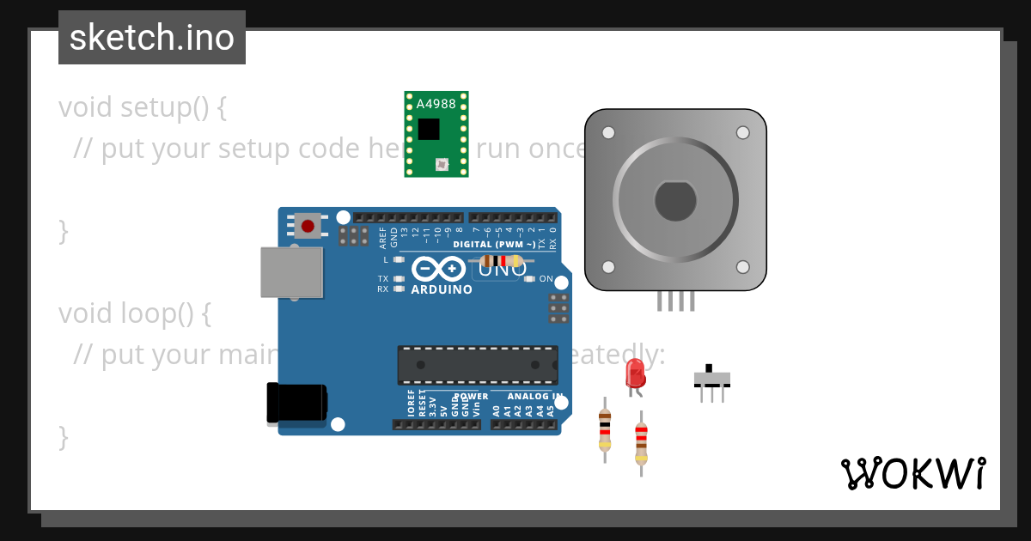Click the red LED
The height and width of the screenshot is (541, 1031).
coord(635,373)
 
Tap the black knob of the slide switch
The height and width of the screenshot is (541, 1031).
coord(709,368)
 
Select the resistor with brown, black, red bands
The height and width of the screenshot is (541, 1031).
coord(605,429)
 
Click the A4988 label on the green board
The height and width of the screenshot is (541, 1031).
coord(436,104)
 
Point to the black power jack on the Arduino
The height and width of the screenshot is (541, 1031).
coord(296,404)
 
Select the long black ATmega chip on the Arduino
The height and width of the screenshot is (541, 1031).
coord(477,365)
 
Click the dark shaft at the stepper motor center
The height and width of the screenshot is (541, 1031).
coord(675,201)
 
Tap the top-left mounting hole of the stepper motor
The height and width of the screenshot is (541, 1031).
coord(608,133)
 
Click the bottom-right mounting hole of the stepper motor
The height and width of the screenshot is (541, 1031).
coord(743,267)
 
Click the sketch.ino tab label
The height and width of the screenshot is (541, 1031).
coord(152,38)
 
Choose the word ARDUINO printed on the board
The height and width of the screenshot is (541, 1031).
coord(442,289)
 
